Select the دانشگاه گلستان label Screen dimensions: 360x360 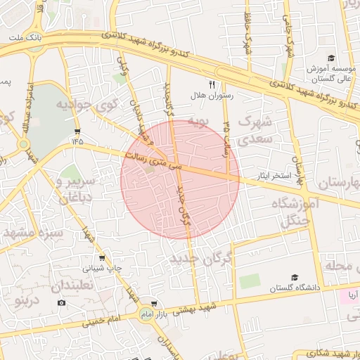click(x=296, y=288)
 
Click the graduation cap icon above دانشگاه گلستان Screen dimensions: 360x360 click(x=295, y=278)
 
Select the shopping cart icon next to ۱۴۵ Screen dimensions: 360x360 click(x=77, y=131)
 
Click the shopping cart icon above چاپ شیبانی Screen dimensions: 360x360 click(x=103, y=257)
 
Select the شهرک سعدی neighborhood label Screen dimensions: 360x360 click(x=254, y=131)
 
